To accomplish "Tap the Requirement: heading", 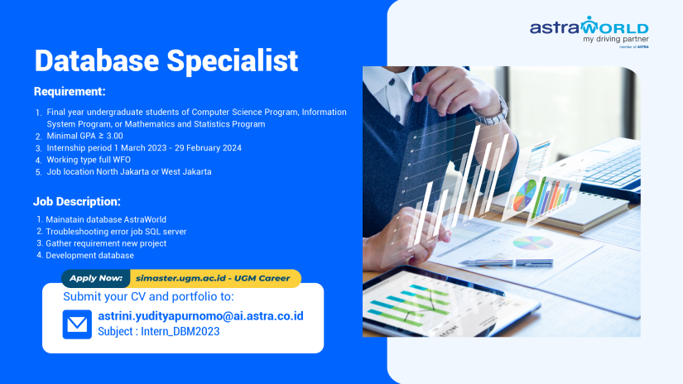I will (70, 91).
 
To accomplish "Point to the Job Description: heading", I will (77, 201).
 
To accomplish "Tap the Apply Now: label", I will (96, 278).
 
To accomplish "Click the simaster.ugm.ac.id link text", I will (178, 279).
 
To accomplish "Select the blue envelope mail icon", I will (77, 324).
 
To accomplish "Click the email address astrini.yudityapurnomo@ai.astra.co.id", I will (200, 316).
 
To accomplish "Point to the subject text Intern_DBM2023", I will (185, 332).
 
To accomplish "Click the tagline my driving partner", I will (615, 40).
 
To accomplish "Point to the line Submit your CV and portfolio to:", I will (148, 296).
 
